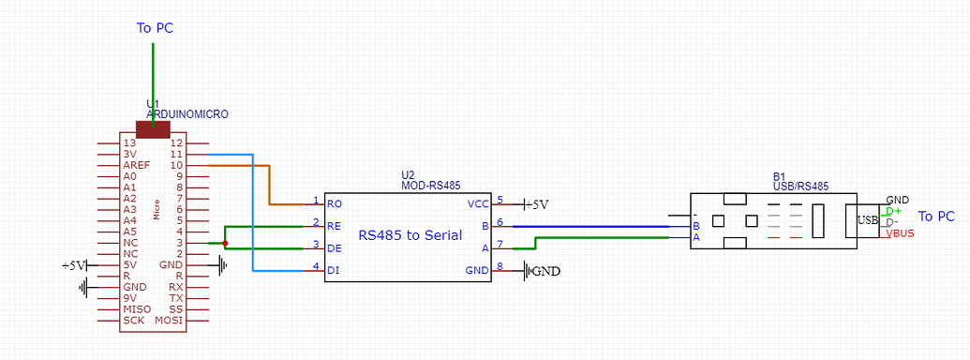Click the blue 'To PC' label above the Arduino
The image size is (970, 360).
155,28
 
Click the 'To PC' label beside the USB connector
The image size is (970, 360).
935,217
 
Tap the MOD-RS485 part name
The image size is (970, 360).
430,186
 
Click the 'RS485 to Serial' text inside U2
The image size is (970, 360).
410,235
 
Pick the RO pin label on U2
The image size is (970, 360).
334,202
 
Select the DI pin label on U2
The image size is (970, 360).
332,271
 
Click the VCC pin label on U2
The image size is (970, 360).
478,202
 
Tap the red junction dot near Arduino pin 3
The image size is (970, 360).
225,243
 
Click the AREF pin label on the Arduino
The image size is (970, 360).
136,165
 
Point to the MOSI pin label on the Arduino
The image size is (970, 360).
169,321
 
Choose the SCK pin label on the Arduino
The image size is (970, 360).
133,321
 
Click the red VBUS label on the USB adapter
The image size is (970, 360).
900,234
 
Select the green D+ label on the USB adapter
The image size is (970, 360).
892,212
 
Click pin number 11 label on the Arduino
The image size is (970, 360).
175,154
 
